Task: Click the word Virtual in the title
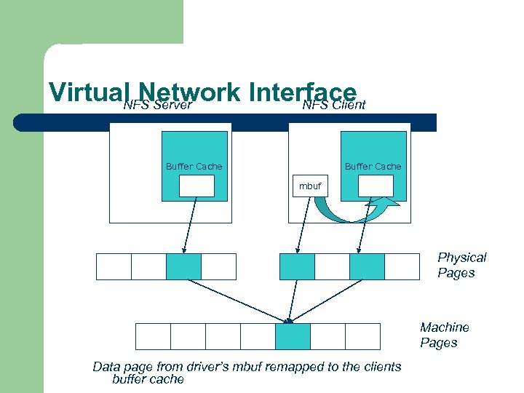pyautogui.click(x=86, y=92)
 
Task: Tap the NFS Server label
pyautogui.click(x=157, y=106)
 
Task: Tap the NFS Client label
pyautogui.click(x=334, y=106)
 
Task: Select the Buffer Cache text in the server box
pyautogui.click(x=194, y=167)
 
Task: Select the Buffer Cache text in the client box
pyautogui.click(x=373, y=167)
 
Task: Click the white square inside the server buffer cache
pyautogui.click(x=196, y=186)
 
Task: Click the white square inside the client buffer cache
pyautogui.click(x=376, y=186)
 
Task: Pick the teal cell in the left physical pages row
pyautogui.click(x=183, y=266)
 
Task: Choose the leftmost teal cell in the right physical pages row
pyautogui.click(x=297, y=266)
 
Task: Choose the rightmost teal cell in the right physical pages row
pyautogui.click(x=367, y=266)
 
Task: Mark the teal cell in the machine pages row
pyautogui.click(x=293, y=336)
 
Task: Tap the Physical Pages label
pyautogui.click(x=461, y=265)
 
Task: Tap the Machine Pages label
pyautogui.click(x=444, y=335)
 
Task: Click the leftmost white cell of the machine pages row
pyautogui.click(x=153, y=336)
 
